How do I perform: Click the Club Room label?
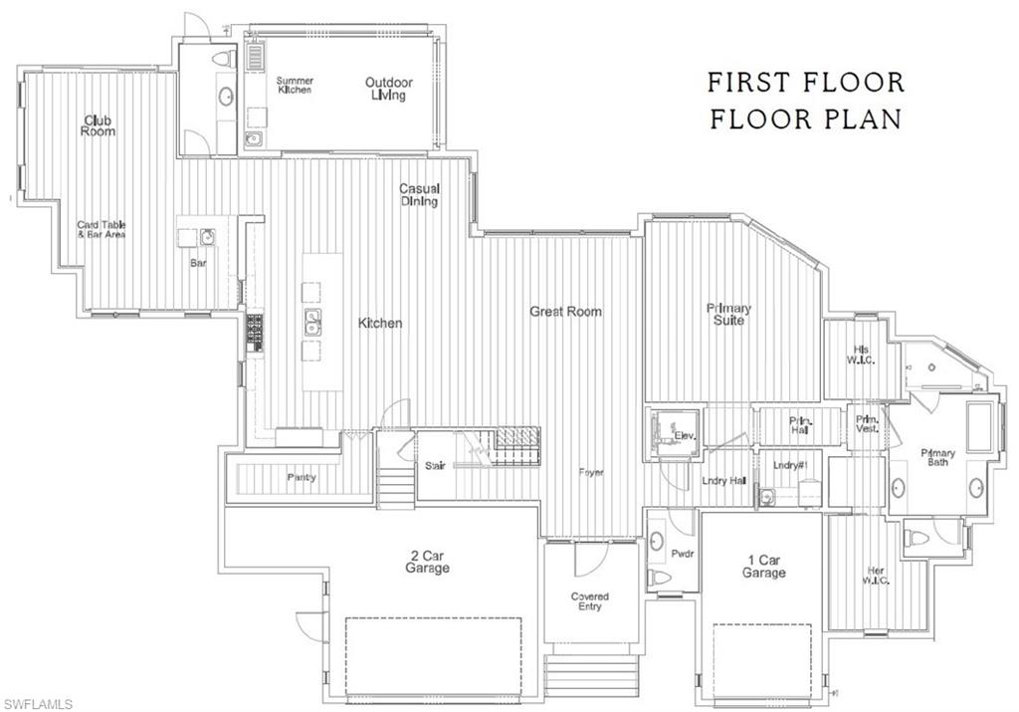tap(99, 125)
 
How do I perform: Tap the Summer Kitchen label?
tap(295, 85)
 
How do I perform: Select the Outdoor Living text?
tap(389, 89)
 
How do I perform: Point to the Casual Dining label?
tap(420, 194)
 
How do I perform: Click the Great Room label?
tap(565, 312)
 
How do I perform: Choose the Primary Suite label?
tap(728, 314)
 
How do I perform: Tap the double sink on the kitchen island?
tap(313, 322)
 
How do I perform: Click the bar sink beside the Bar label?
tap(207, 237)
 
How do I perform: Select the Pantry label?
tap(302, 477)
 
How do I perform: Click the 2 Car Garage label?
tap(427, 562)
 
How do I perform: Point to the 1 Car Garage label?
tap(764, 566)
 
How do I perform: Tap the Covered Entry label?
tap(589, 601)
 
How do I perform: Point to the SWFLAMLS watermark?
tap(37, 703)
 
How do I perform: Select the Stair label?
tap(435, 465)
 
